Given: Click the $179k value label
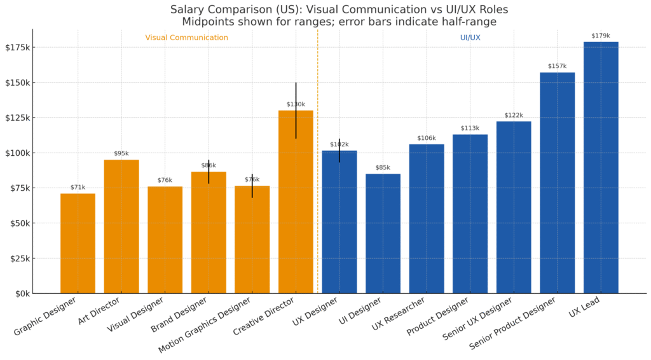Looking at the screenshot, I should (x=601, y=36).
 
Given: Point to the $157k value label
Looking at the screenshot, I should (x=557, y=66).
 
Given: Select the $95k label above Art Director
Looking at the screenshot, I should (x=121, y=153).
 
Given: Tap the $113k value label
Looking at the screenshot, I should (x=470, y=128).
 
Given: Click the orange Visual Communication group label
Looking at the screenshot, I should (x=186, y=38).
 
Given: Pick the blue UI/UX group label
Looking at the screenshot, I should (x=470, y=38).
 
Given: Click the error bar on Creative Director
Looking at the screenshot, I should (x=296, y=95).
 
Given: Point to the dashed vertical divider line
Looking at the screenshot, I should (x=318, y=191).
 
